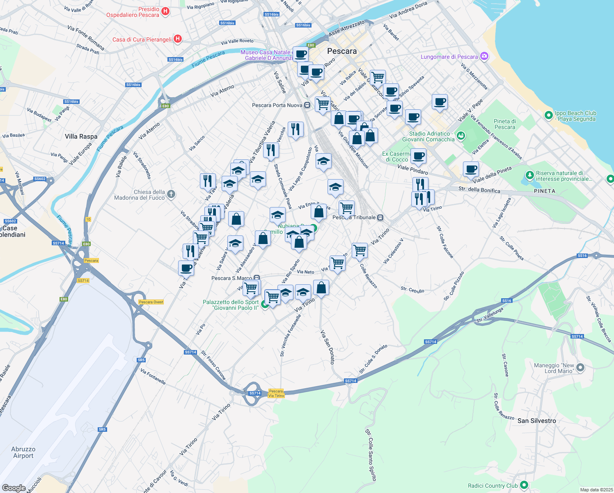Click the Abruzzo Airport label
(x=23, y=452)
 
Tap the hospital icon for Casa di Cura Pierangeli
(x=178, y=39)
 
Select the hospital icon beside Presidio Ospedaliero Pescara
(x=165, y=11)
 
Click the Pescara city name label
(x=342, y=51)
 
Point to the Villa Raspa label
(x=81, y=136)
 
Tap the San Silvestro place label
(x=536, y=421)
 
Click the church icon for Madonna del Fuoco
(x=171, y=194)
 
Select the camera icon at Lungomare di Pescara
(x=484, y=56)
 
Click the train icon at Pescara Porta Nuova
(x=307, y=105)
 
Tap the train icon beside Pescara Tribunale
(x=380, y=217)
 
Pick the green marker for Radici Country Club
(x=524, y=485)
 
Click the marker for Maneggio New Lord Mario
(x=580, y=368)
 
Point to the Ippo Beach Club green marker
(x=549, y=115)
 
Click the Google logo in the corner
(x=14, y=488)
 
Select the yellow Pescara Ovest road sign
(x=151, y=302)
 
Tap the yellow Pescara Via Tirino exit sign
(x=276, y=393)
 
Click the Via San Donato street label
(x=327, y=347)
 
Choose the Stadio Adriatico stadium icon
(x=460, y=135)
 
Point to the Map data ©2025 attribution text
(x=596, y=490)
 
